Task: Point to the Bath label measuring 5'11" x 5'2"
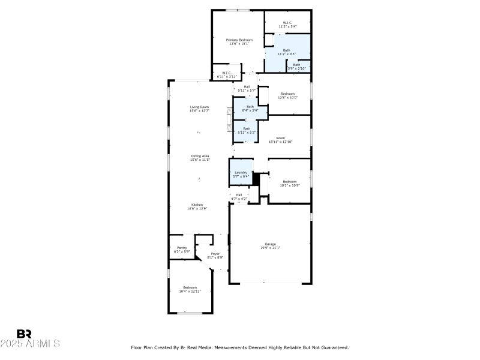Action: [x=247, y=130]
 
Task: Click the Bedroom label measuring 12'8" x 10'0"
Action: [x=288, y=95]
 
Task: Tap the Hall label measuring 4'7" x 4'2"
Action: [x=239, y=196]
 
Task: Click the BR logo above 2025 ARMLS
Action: [x=24, y=334]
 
